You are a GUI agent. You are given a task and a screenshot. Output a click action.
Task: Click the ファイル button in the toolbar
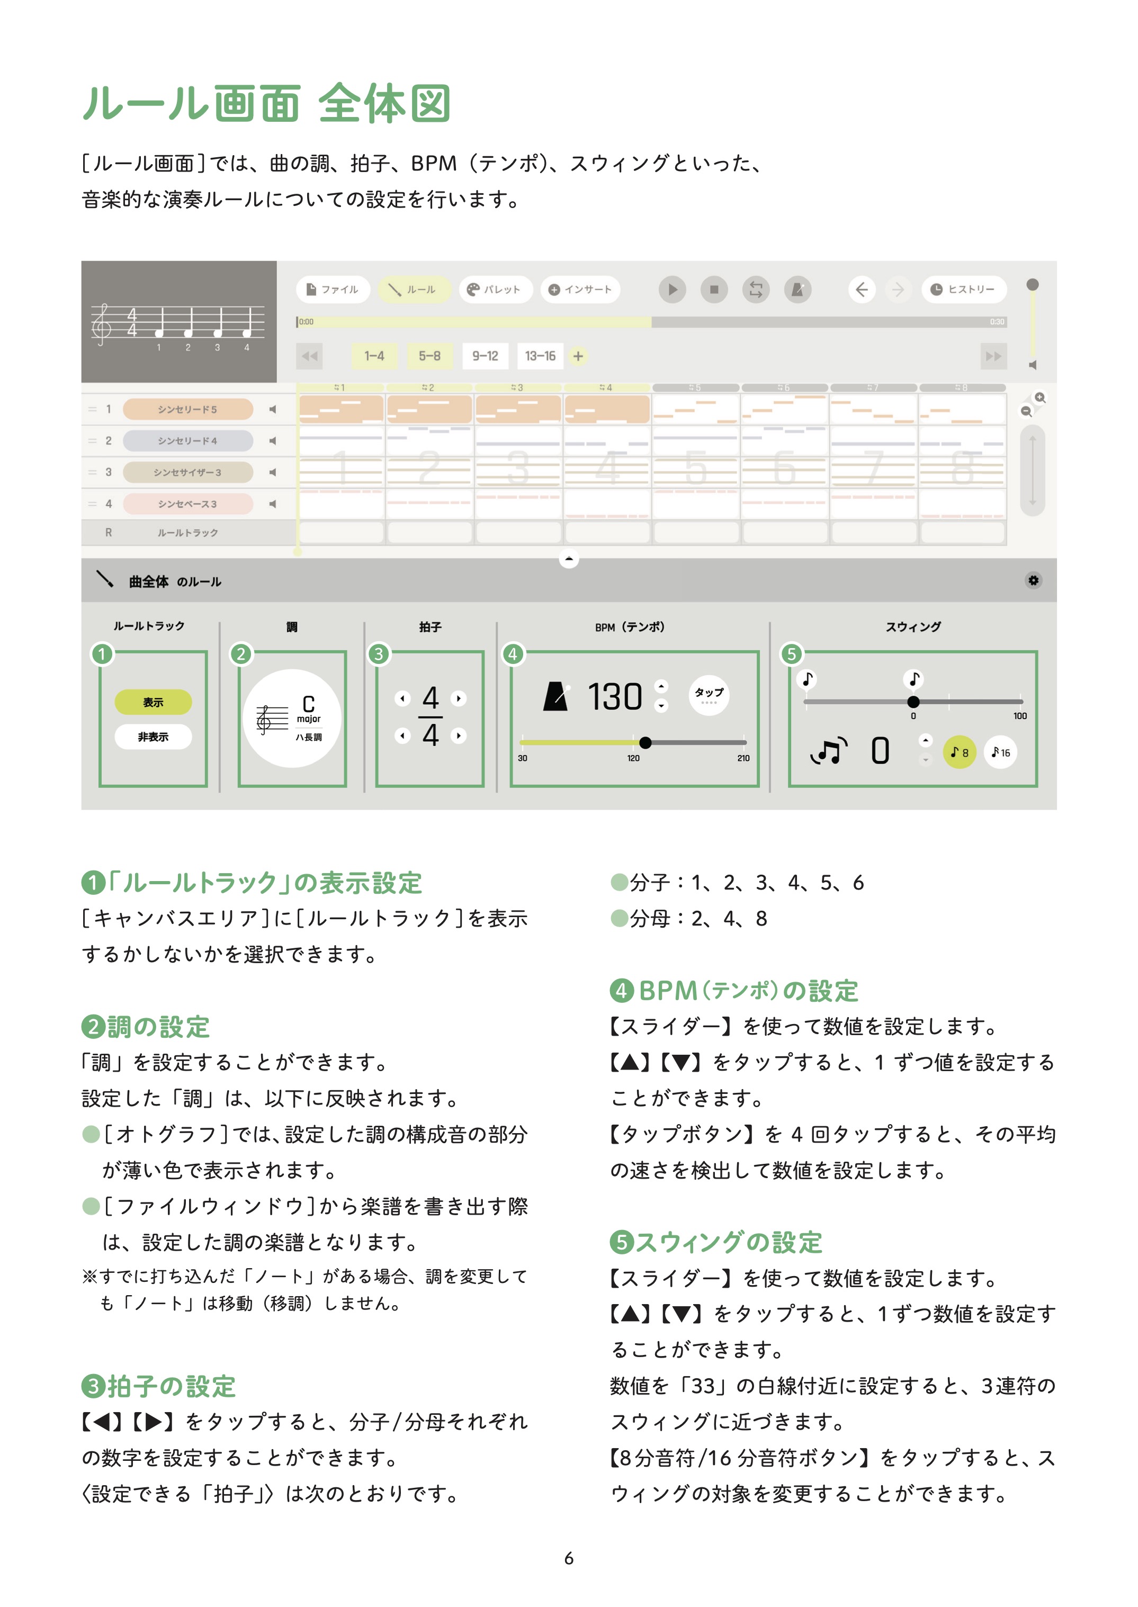click(x=333, y=289)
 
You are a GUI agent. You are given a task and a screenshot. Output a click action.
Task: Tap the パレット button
click(x=496, y=289)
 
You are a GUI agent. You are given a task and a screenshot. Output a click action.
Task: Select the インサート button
click(x=580, y=289)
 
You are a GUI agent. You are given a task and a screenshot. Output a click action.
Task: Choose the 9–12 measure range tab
click(x=485, y=356)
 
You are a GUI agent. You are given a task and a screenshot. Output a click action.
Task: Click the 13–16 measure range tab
click(x=540, y=356)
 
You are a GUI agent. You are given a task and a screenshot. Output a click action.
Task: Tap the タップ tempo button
click(x=709, y=694)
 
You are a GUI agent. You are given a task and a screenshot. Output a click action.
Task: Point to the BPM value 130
click(x=615, y=697)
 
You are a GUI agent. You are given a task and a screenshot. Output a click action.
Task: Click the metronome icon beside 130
click(x=555, y=697)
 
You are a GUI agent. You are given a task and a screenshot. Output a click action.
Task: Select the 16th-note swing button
click(x=1001, y=752)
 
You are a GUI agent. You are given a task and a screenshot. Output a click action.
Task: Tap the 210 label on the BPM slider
click(x=743, y=758)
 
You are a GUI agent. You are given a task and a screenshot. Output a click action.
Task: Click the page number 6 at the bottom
click(x=569, y=1558)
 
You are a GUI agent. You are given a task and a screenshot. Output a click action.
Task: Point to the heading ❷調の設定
click(x=146, y=1027)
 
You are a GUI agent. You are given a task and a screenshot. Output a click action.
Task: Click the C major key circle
click(x=292, y=718)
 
